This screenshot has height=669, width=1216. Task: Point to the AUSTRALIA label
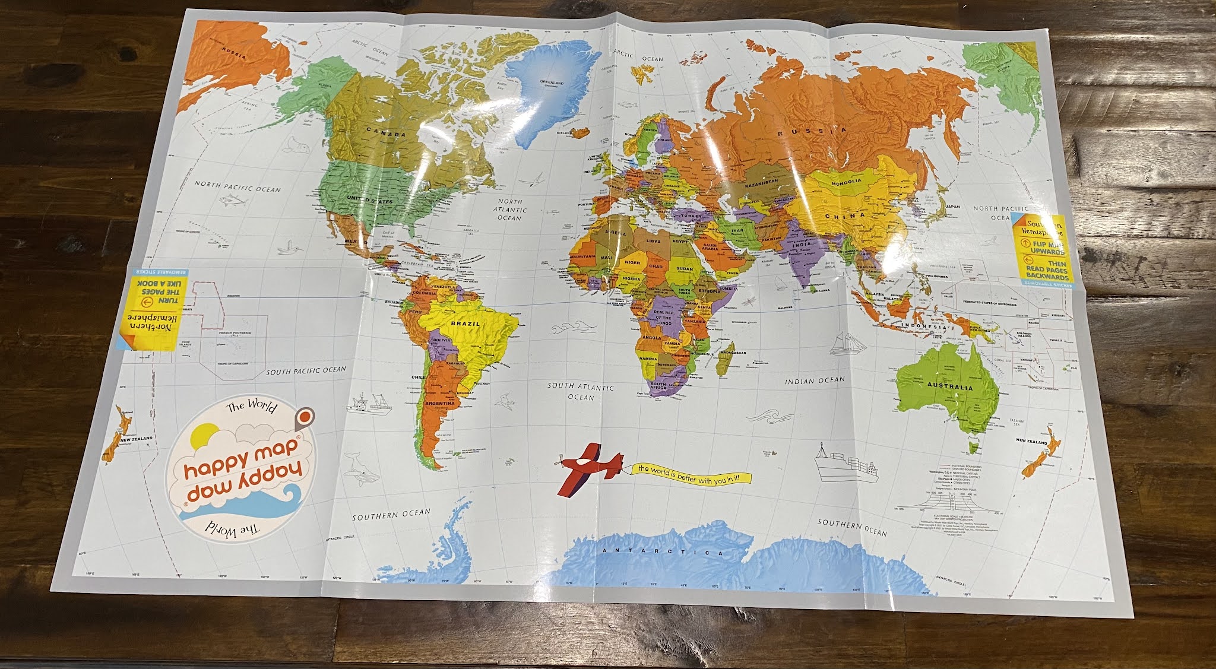pyautogui.click(x=950, y=387)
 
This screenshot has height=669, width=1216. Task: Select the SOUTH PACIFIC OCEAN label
pyautogui.click(x=305, y=371)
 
